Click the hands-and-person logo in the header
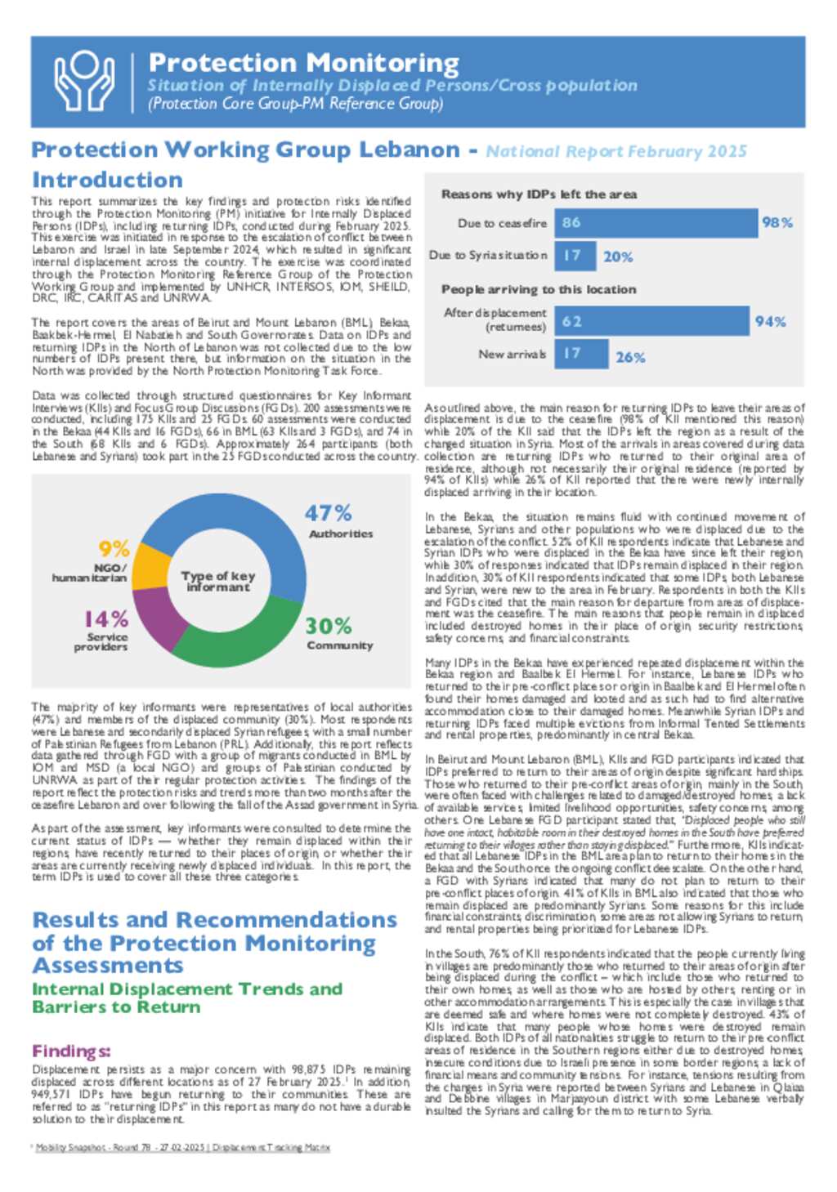84,80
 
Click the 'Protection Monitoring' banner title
303,63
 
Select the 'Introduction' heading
107,180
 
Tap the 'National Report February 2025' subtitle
616,151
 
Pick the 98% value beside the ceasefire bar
777,222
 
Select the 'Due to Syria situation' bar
575,256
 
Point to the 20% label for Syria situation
618,257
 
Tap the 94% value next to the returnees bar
770,321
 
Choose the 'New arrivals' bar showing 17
581,354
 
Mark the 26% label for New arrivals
630,357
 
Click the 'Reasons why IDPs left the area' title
539,194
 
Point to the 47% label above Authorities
328,513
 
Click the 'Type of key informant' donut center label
217,581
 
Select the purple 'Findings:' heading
71,1051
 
